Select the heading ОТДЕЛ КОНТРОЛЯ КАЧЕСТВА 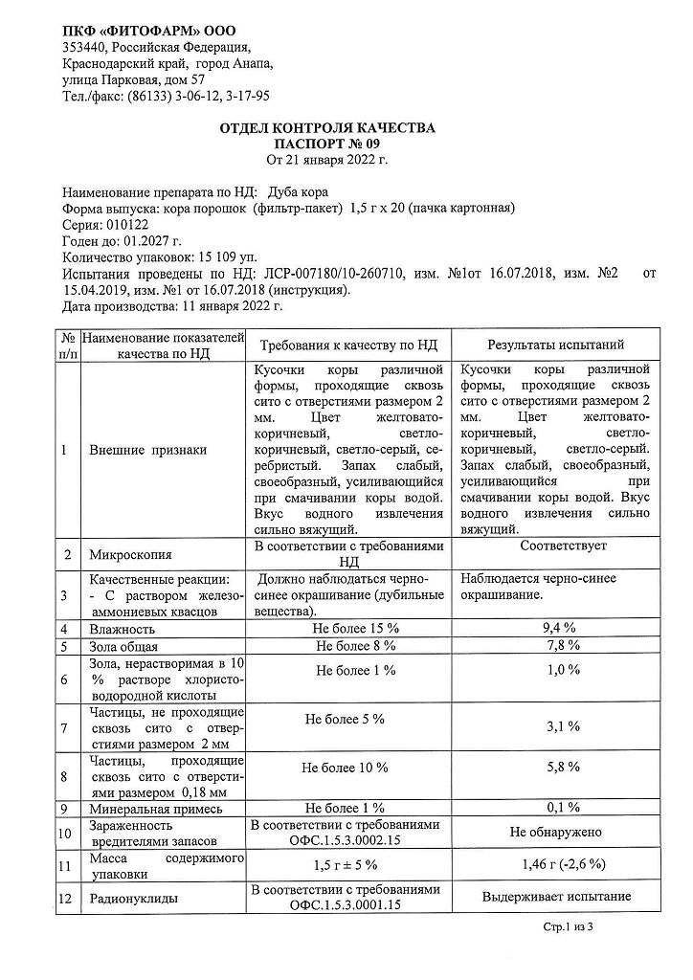pos(327,127)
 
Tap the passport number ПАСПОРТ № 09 pos(327,143)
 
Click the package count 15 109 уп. pos(227,257)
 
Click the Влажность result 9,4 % pos(555,628)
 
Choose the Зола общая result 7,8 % pos(555,646)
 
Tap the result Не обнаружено pos(555,832)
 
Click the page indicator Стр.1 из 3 pos(569,928)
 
